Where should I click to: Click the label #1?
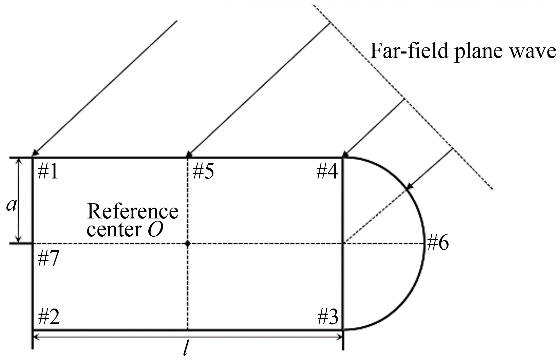click(48, 172)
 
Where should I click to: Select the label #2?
click(48, 317)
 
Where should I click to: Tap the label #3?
click(328, 317)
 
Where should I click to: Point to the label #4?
click(327, 172)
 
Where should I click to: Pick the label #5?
click(203, 172)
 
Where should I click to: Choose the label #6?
click(438, 243)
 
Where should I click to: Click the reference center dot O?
click(188, 243)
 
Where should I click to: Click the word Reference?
click(132, 212)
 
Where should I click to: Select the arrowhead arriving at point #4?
click(346, 155)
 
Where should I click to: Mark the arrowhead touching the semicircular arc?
click(409, 187)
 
